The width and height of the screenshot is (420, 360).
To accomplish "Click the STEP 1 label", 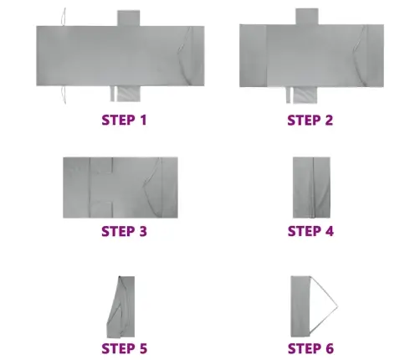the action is (124, 120).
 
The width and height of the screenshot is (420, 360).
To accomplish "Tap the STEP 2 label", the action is (310, 121).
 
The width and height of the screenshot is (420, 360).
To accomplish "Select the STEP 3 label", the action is (124, 231).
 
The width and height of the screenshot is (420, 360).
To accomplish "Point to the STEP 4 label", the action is (310, 231).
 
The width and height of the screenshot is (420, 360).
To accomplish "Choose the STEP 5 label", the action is (124, 348).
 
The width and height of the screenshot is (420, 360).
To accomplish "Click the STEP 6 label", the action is (310, 348).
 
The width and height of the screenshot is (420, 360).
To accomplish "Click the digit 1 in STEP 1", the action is (143, 120).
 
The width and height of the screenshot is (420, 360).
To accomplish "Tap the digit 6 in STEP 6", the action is (330, 348).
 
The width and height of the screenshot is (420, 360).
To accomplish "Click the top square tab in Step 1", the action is (128, 18).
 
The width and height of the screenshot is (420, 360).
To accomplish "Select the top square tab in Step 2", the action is (307, 17).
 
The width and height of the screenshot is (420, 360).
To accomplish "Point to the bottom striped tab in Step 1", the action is (128, 94).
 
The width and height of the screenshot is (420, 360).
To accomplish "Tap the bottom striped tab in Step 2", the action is (305, 95).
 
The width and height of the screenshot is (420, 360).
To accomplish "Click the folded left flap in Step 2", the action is (253, 55).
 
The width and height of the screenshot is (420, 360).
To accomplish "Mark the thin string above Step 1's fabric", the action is (64, 17).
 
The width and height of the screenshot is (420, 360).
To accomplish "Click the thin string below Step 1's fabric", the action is (64, 95).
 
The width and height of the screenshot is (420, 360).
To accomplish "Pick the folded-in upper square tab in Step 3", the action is (101, 165).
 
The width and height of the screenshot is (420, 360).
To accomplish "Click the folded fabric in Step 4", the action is (311, 188).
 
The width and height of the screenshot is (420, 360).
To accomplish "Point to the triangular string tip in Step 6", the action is (337, 307).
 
